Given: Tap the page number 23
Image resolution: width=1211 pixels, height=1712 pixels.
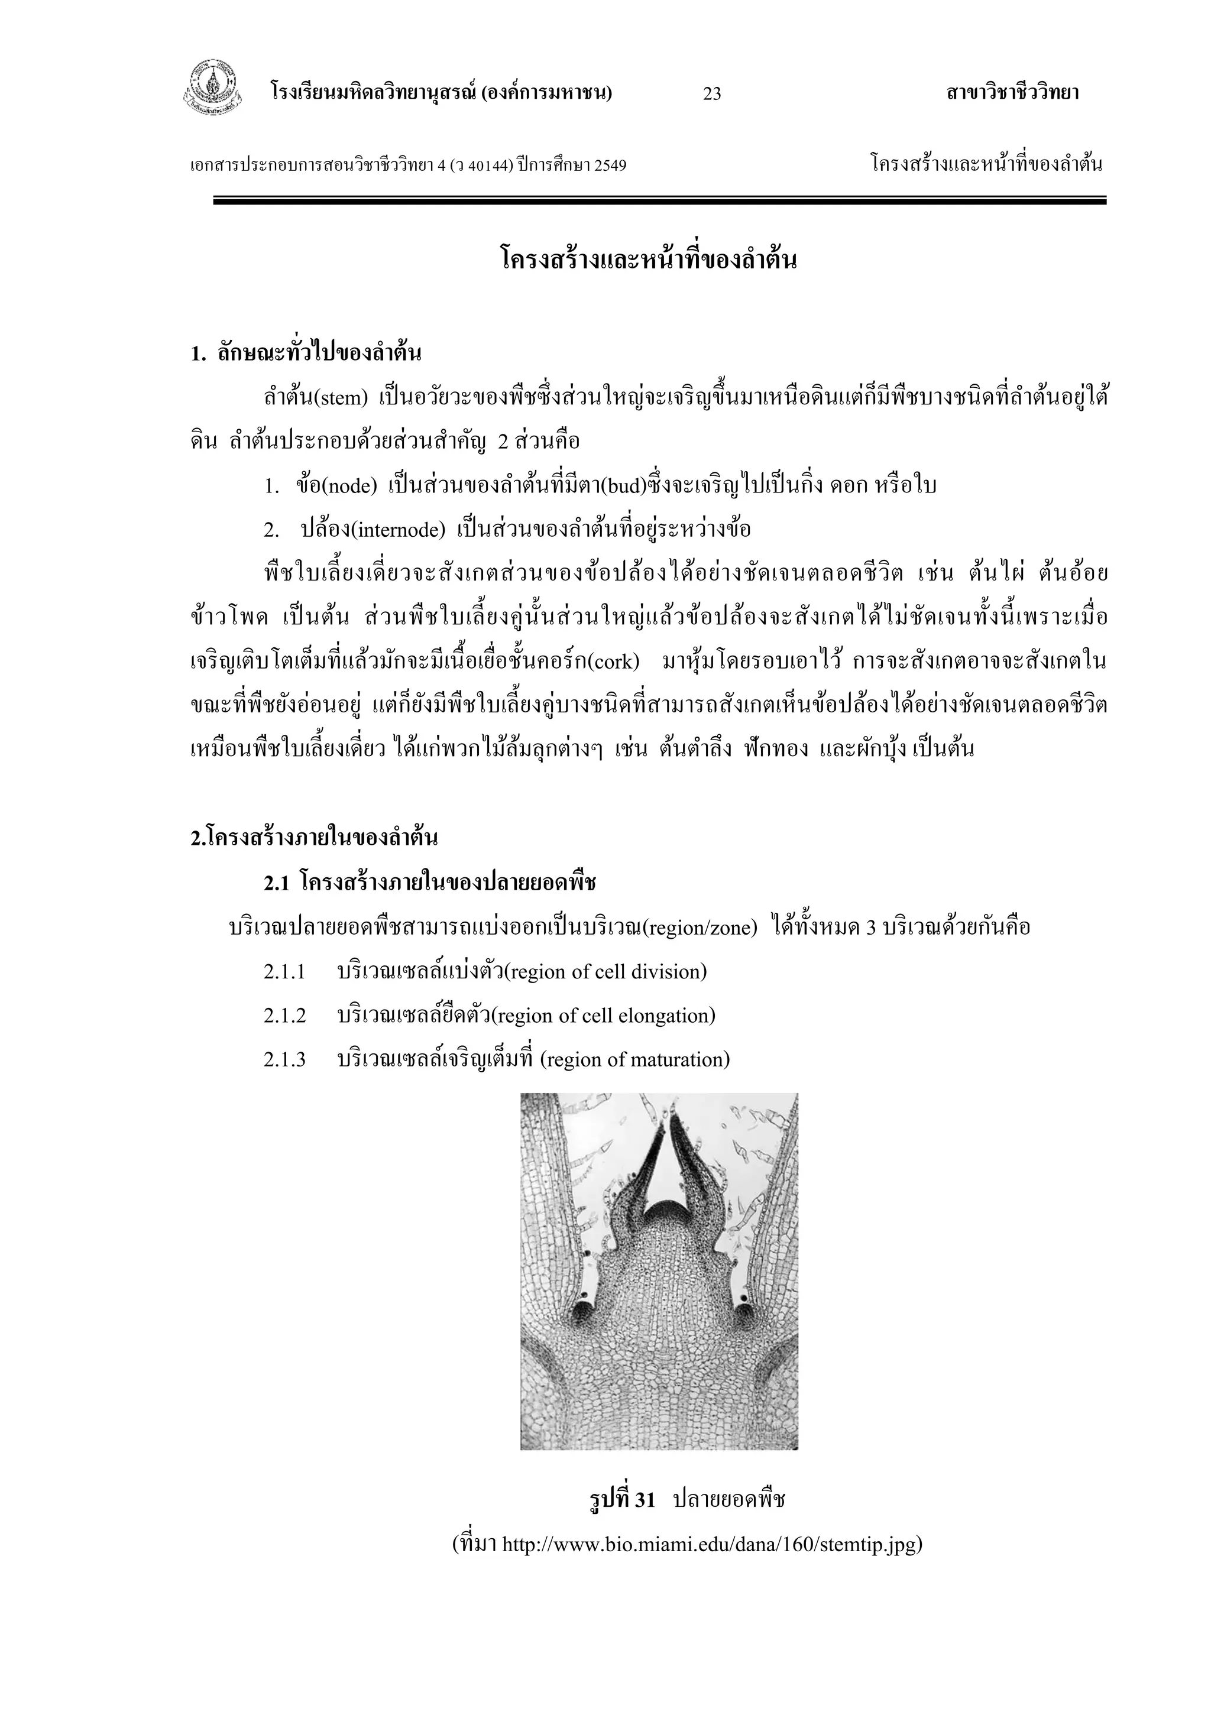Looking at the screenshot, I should [x=712, y=94].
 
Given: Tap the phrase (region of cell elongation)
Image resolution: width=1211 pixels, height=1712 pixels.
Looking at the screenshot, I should [x=604, y=1016].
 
